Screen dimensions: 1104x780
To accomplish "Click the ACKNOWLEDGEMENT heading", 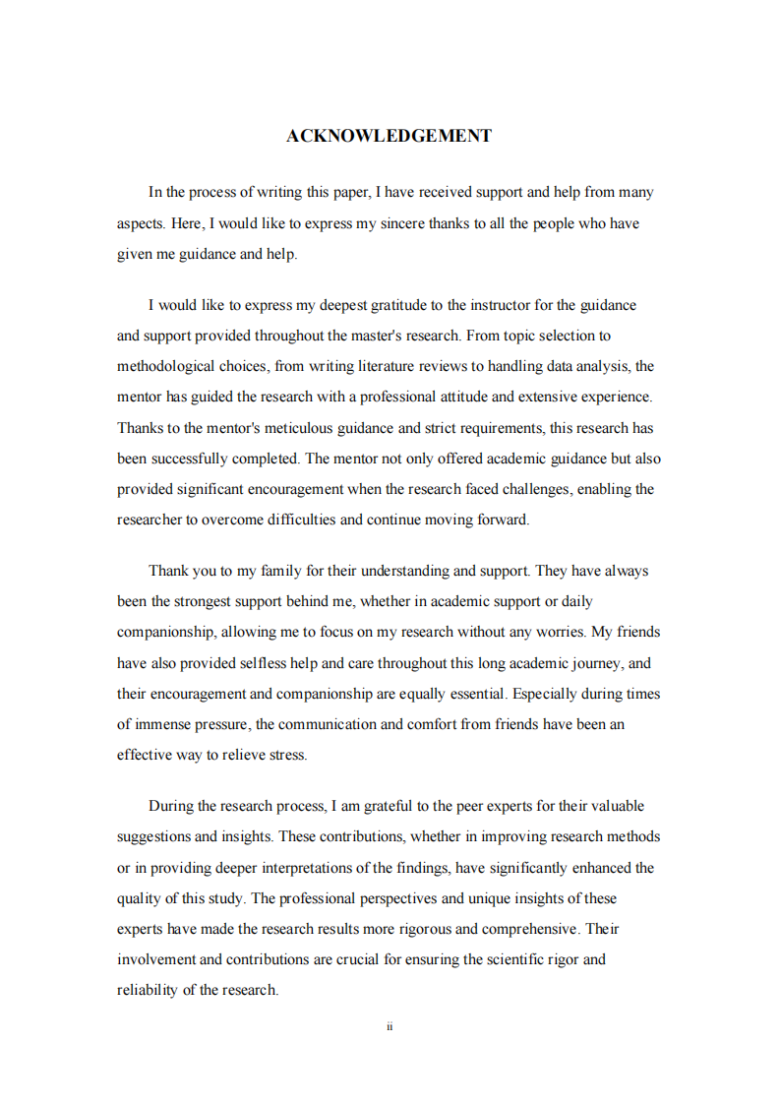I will coord(389,136).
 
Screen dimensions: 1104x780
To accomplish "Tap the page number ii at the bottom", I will coord(390,1026).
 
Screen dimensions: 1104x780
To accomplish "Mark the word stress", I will coord(287,756).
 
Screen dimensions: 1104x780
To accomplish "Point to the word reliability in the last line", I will coord(147,990).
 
